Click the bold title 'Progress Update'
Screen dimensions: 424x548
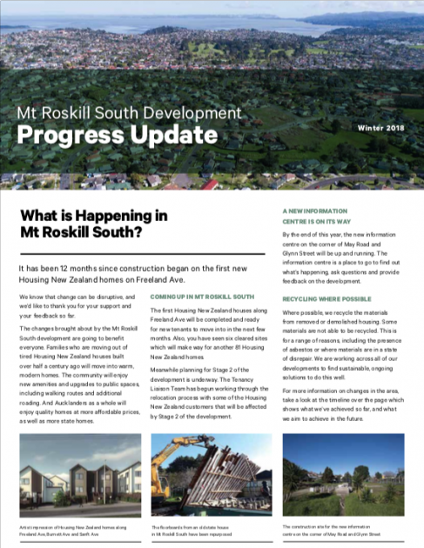tap(118, 136)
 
